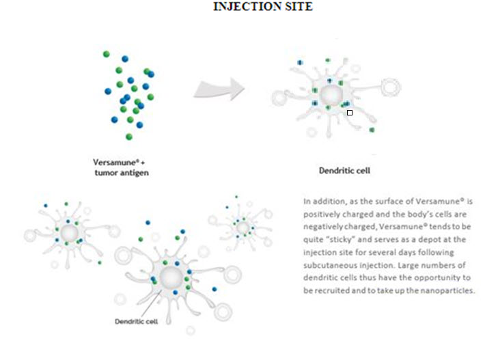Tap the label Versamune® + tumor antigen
pyautogui.click(x=120, y=167)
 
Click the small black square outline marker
pyautogui.click(x=350, y=113)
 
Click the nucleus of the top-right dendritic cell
pyautogui.click(x=331, y=93)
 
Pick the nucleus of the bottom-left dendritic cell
pyautogui.click(x=69, y=233)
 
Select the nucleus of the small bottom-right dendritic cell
pyautogui.click(x=243, y=225)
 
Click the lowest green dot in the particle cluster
pyautogui.click(x=128, y=136)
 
